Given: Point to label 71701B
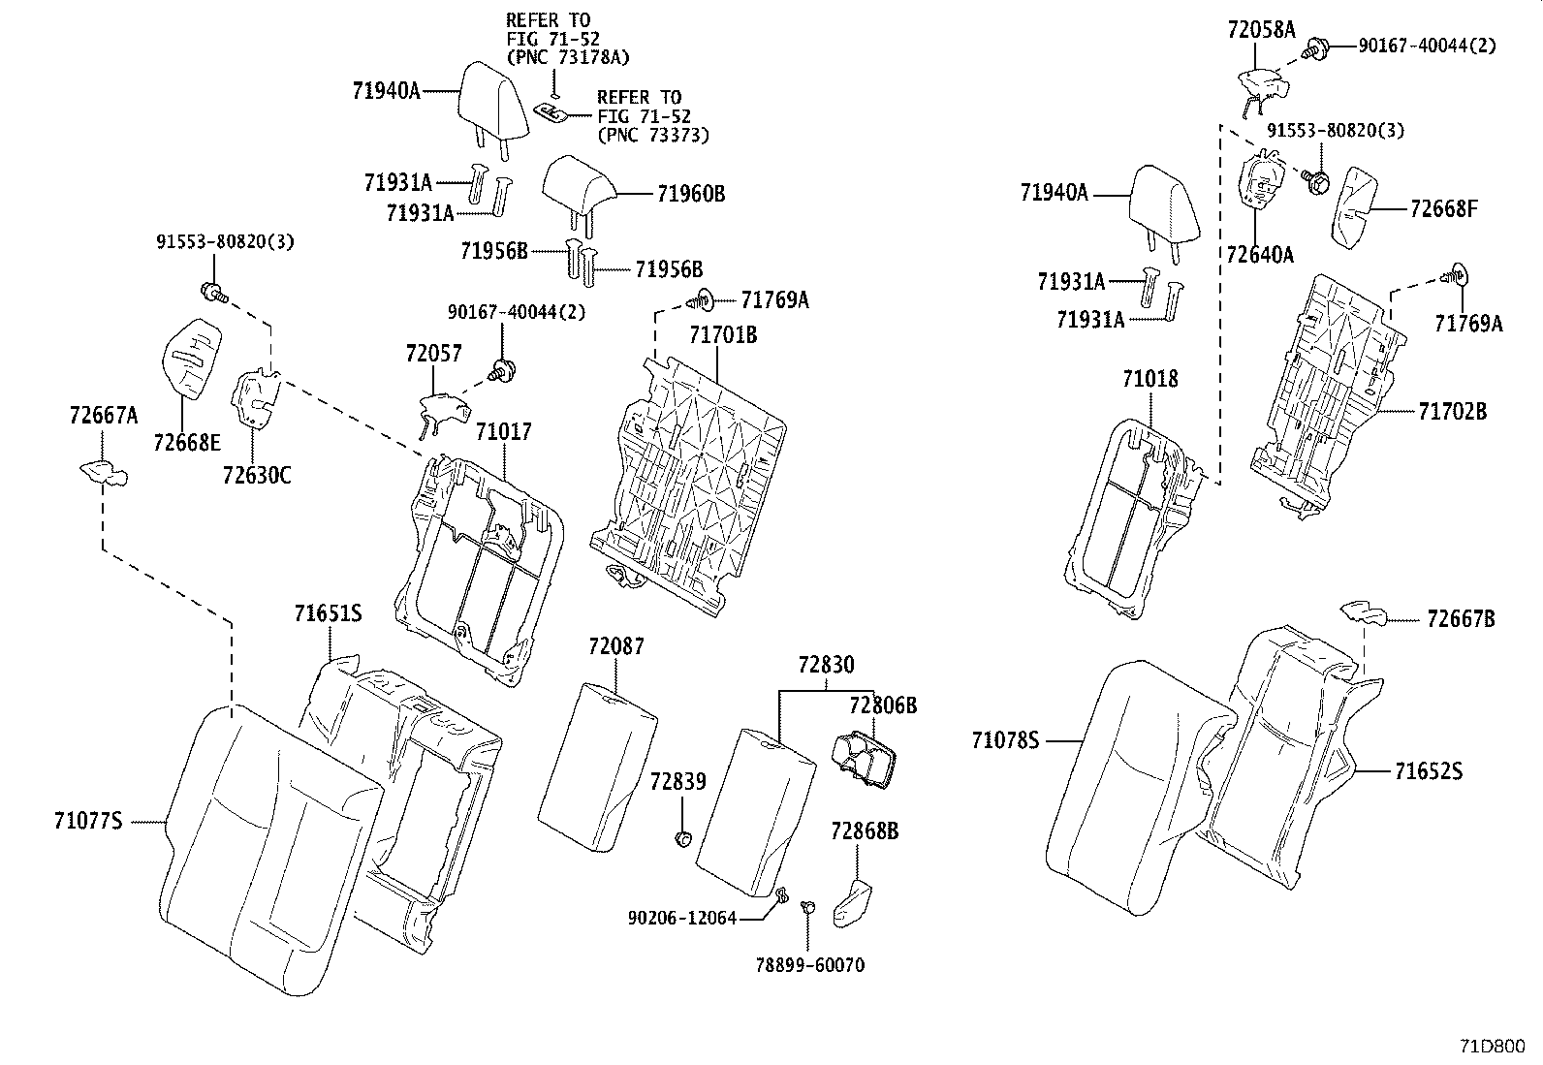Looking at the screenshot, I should tap(723, 336).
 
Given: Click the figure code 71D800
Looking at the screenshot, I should tap(1494, 1047).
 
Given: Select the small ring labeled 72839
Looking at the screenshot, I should tap(682, 837).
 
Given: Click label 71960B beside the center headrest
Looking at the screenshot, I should tap(690, 194).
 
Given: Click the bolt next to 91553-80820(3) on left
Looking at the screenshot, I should tap(212, 291).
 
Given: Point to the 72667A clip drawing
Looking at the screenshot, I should tap(104, 473).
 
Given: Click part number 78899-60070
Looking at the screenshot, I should tap(809, 965).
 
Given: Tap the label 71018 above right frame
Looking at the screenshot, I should tap(1150, 379).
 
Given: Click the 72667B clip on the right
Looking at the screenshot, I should tap(1365, 612).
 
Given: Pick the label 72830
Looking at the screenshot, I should tap(826, 665).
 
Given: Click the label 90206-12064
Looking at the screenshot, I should tap(681, 917).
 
